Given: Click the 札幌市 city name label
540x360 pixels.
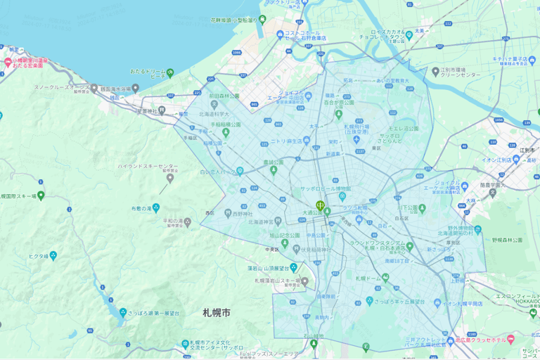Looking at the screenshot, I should [217, 312].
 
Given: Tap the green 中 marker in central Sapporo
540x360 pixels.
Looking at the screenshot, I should [321, 206].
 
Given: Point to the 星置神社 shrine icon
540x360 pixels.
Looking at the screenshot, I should [161, 110].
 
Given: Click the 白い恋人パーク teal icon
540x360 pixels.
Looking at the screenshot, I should [240, 171].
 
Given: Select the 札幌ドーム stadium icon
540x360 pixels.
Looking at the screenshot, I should [386, 278].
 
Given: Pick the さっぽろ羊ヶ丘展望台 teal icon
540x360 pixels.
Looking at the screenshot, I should [369, 301].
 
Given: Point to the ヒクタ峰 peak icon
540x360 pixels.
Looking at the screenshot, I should [53, 256].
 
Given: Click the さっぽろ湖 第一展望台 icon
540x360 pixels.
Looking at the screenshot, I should [123, 312].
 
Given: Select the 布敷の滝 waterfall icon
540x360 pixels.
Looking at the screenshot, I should [156, 208].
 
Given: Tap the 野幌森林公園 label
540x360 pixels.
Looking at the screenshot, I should [508, 240].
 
